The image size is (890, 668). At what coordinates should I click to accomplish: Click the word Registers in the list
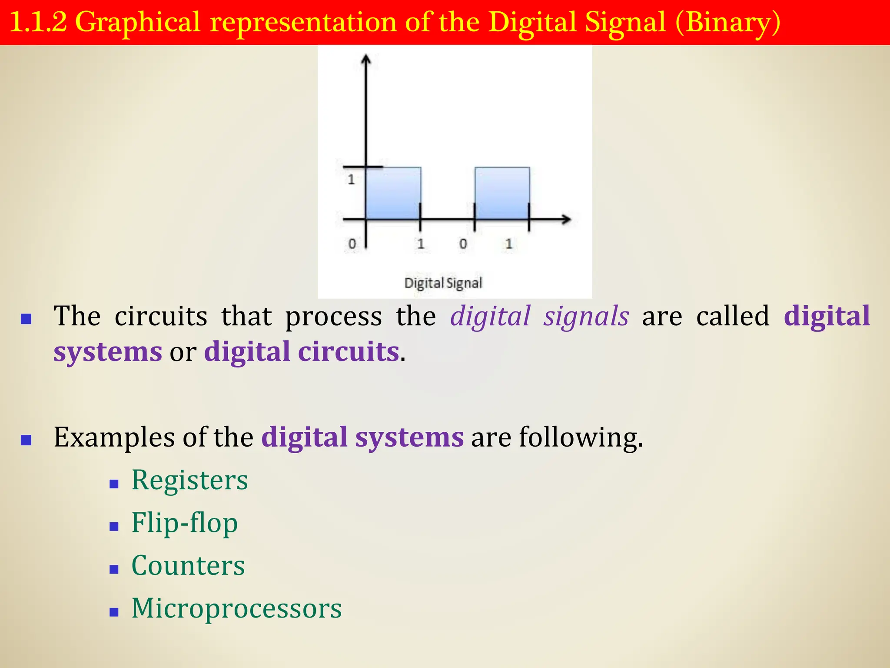[x=189, y=481]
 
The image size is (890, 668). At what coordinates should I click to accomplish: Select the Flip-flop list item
[x=185, y=523]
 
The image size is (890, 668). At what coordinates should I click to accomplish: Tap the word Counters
[x=188, y=566]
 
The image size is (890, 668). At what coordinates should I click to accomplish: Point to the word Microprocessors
[x=236, y=608]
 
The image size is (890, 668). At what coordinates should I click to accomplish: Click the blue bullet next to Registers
[x=114, y=484]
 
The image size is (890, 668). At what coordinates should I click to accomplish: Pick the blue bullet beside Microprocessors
[x=114, y=612]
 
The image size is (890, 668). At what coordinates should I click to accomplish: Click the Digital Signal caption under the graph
[x=443, y=283]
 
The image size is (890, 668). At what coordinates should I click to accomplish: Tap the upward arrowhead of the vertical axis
[x=366, y=59]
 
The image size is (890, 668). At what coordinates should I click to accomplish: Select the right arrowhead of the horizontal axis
[x=566, y=220]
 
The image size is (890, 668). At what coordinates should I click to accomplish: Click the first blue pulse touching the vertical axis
[x=393, y=193]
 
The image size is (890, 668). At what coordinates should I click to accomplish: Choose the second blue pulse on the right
[x=502, y=193]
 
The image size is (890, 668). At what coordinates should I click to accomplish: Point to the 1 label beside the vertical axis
[x=351, y=179]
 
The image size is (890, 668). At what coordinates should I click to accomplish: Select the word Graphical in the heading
[x=138, y=23]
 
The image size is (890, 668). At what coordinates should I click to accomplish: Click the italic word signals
[x=586, y=316]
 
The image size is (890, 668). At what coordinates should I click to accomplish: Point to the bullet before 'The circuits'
[x=26, y=320]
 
